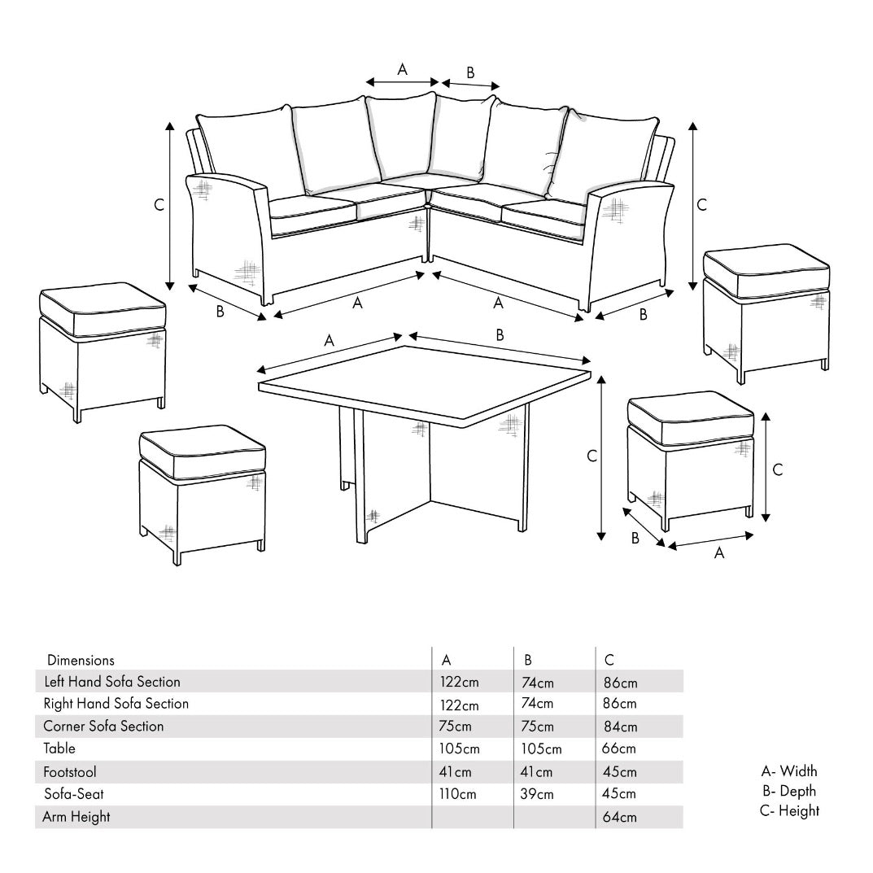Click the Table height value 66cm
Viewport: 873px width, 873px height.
coord(618,749)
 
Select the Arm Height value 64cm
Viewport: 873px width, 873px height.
coord(620,818)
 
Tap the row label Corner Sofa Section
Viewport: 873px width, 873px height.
coord(103,726)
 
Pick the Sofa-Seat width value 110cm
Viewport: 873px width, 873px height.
coord(458,794)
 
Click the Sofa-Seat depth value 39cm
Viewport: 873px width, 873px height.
coord(537,794)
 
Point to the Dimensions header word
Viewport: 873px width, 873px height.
coord(81,661)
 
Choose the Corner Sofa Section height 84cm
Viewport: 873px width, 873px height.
coord(620,727)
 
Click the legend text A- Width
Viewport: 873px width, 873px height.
coord(789,771)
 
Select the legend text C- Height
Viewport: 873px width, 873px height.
coord(789,810)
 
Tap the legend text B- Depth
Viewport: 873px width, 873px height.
coord(789,791)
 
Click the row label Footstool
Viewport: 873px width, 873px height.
coord(70,772)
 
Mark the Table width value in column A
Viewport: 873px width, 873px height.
coord(460,749)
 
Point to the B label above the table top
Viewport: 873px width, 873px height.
coord(500,334)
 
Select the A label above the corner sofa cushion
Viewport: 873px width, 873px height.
coord(402,69)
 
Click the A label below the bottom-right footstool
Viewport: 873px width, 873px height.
coord(719,553)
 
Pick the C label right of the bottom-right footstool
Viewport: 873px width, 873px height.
coord(778,469)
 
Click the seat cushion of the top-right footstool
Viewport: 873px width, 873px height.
coord(766,271)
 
